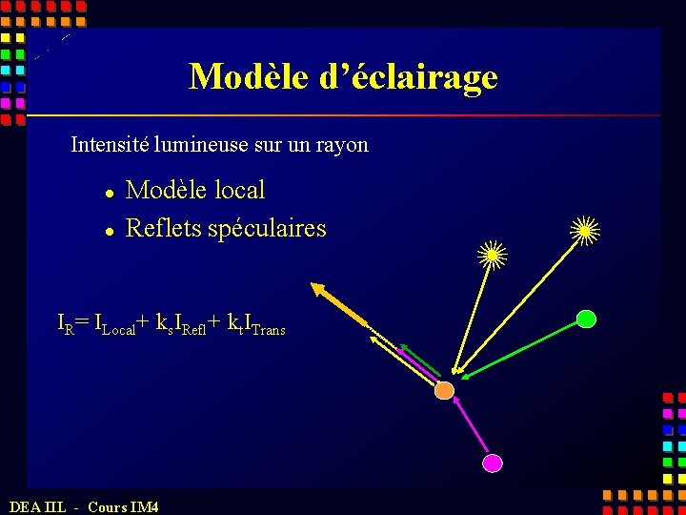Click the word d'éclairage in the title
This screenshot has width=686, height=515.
[x=409, y=76]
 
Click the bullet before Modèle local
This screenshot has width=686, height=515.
[x=111, y=193]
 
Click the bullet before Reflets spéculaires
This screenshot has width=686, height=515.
[x=111, y=231]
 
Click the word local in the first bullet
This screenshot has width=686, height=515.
[x=239, y=191]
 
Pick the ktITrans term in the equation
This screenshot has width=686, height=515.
[x=256, y=324]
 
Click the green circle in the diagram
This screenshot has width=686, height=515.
[x=586, y=319]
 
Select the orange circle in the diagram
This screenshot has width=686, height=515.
[x=445, y=390]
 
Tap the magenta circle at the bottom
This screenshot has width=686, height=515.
[x=492, y=463]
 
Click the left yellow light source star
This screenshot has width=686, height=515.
[x=493, y=254]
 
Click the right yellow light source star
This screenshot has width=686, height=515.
[x=584, y=229]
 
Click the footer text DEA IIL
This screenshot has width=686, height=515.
[x=37, y=506]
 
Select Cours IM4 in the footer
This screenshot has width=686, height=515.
[x=123, y=506]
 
